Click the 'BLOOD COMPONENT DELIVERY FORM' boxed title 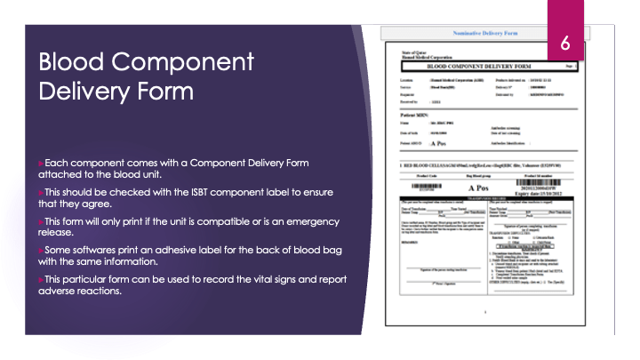click(476, 66)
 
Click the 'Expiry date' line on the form click(537, 195)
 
